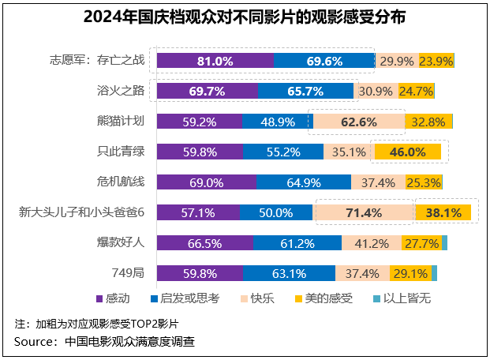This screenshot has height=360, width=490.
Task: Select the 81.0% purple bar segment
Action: [x=215, y=61]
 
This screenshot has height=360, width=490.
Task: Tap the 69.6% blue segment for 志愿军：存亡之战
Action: [x=324, y=61]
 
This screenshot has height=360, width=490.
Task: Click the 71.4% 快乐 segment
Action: [x=364, y=212]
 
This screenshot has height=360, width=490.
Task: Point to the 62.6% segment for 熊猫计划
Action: [x=359, y=122]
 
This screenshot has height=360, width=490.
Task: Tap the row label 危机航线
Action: [x=120, y=182]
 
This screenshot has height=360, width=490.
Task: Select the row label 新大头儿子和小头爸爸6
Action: [x=82, y=212]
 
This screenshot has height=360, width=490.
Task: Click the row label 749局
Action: [x=129, y=273]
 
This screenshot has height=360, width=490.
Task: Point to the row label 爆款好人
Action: [x=120, y=242]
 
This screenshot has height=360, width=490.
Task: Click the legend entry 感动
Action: [x=114, y=298]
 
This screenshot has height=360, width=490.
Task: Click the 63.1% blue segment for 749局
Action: [x=289, y=273]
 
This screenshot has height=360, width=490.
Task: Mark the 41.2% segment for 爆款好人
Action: [x=372, y=242]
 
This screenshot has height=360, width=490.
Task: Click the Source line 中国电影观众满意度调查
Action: [x=104, y=341]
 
